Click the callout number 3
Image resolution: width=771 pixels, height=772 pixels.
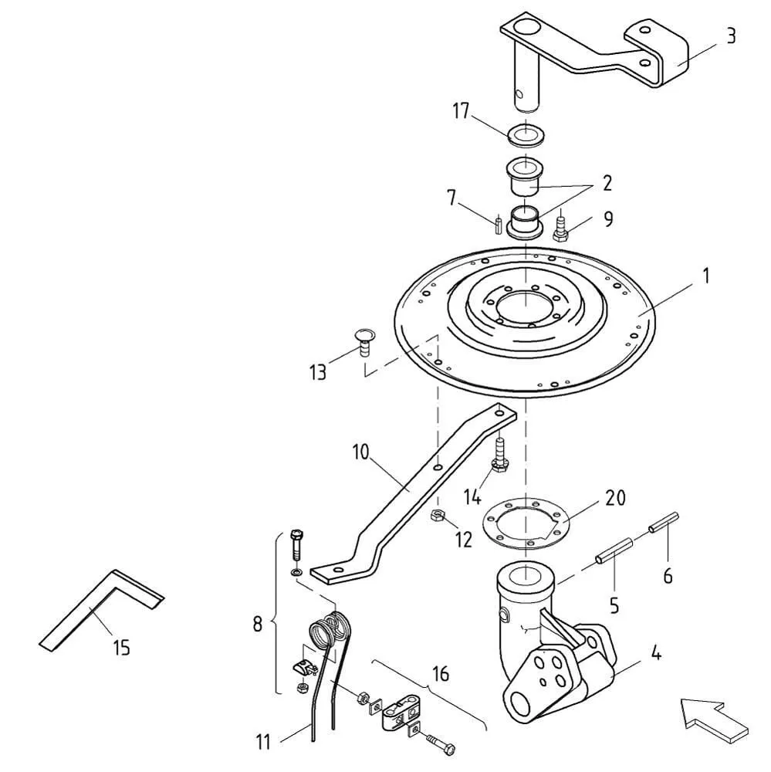coord(731,36)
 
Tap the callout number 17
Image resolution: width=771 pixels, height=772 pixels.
coord(462,111)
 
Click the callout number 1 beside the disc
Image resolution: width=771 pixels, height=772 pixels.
coord(706,276)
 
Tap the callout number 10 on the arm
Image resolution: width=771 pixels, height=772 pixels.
coord(361,452)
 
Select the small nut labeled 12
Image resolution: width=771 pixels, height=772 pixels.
coord(437,516)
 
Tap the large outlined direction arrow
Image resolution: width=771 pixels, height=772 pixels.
coord(715,720)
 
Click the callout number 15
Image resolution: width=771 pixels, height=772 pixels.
coord(121,647)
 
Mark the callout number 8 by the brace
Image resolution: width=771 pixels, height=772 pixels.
coord(258,625)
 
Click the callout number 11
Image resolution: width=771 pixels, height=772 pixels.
coord(263,741)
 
